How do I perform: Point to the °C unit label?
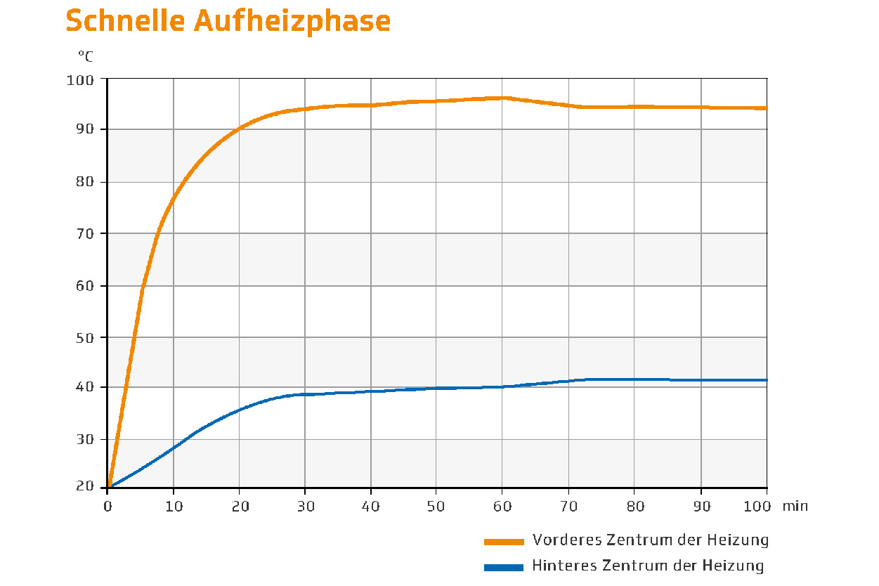click(x=85, y=55)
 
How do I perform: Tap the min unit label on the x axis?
click(x=796, y=506)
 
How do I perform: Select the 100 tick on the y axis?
click(x=80, y=79)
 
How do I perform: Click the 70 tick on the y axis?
click(x=84, y=233)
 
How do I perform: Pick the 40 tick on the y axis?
click(x=84, y=387)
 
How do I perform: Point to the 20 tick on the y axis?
click(x=84, y=487)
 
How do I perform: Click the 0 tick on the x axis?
click(x=107, y=506)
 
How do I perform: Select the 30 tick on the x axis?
click(x=305, y=506)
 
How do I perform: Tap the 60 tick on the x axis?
click(x=502, y=506)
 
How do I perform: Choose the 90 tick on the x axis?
click(x=701, y=506)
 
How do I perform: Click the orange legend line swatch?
click(x=504, y=541)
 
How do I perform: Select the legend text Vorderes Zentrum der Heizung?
click(x=651, y=540)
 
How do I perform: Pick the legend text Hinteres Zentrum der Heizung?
click(x=648, y=566)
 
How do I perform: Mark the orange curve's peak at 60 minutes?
click(x=502, y=98)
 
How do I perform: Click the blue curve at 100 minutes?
click(x=766, y=380)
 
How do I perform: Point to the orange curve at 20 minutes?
click(x=239, y=129)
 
